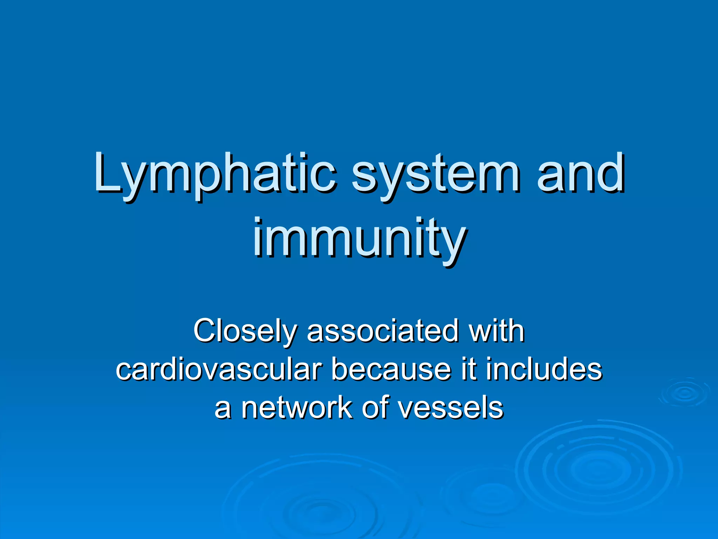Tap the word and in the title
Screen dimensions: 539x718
[x=580, y=175]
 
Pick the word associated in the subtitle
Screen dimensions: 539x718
[x=382, y=331]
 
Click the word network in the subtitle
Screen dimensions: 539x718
[x=297, y=408]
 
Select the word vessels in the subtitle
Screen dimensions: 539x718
[x=451, y=408]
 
